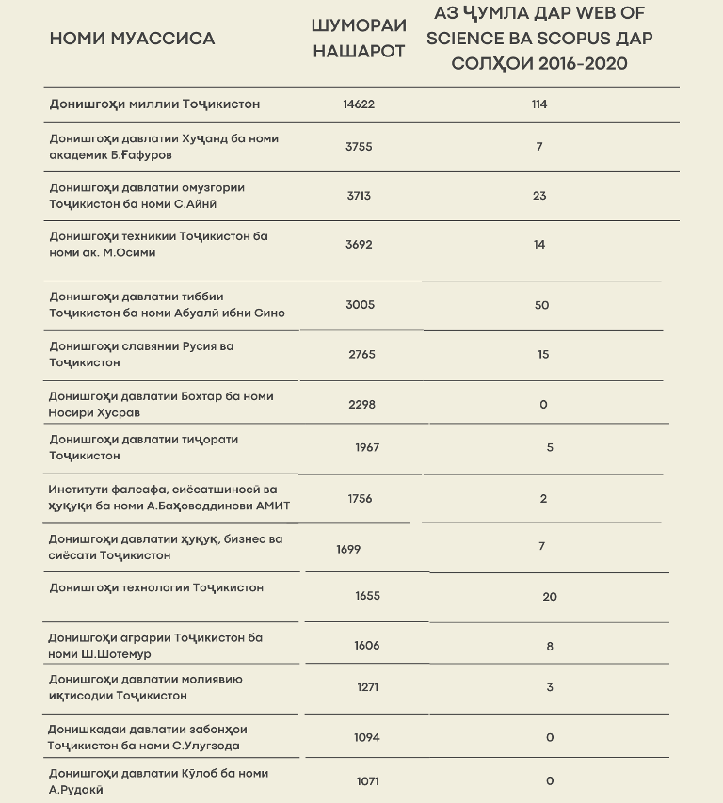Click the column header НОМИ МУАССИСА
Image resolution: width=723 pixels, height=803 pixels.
click(132, 39)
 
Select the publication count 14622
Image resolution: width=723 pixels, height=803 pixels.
click(359, 104)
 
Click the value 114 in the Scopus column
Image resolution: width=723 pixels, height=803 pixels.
click(539, 104)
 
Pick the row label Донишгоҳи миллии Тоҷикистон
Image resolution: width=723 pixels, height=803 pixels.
click(154, 104)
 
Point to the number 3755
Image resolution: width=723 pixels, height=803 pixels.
click(359, 147)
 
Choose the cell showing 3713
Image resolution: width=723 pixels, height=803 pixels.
click(359, 196)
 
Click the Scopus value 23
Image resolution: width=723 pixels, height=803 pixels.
click(539, 196)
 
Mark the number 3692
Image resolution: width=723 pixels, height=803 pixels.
click(359, 245)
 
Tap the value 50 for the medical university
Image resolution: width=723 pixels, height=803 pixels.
click(541, 305)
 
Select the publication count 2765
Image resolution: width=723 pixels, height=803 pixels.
click(361, 354)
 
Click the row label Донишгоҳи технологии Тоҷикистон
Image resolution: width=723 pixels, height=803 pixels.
click(156, 587)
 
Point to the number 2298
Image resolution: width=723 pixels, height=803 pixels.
click(361, 404)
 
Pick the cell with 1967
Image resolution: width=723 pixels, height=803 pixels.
click(367, 447)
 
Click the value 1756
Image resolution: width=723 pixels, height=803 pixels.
click(360, 498)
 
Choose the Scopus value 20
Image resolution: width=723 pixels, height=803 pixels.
click(550, 596)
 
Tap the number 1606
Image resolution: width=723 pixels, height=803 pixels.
click(366, 645)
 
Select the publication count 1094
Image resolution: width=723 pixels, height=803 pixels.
click(366, 737)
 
